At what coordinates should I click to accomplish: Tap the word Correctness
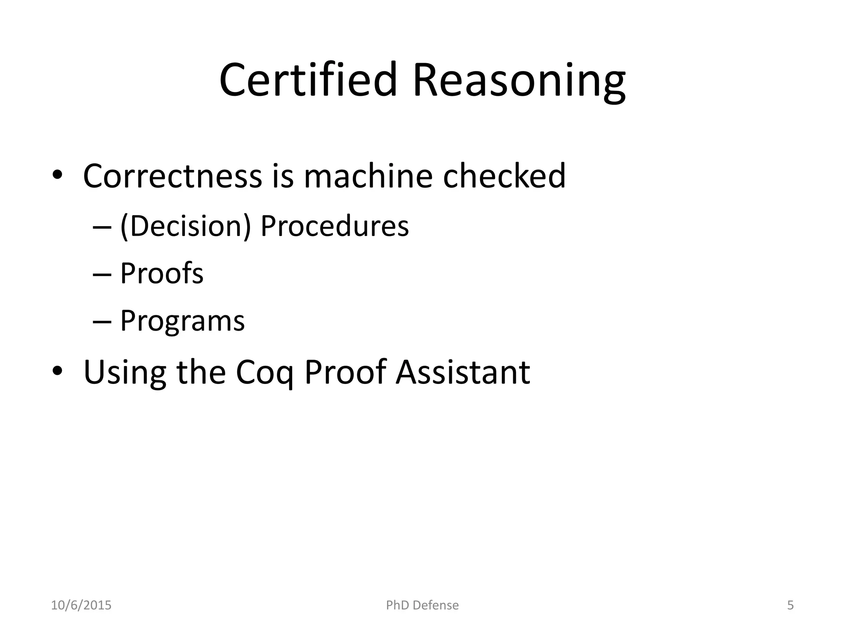coord(172,176)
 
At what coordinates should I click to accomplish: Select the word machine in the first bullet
coord(368,176)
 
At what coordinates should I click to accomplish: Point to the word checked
coord(504,176)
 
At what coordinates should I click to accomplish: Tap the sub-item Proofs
coord(162,273)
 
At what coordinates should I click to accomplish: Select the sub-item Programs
coord(182,321)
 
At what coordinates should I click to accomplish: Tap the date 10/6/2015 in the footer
coord(81,605)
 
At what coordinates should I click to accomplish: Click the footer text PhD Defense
coord(422,605)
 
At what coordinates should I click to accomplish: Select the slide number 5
coord(791,605)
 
